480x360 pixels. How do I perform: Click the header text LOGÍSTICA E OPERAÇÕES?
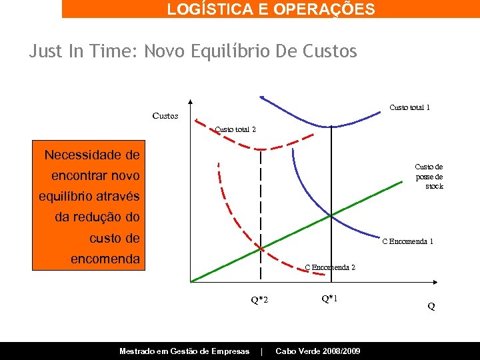271,9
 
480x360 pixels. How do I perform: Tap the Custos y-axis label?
165,116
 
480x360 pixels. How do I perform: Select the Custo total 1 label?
409,107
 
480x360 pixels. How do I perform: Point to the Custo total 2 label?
235,129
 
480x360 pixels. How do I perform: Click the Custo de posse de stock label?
429,176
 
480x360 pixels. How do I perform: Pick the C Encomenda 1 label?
407,241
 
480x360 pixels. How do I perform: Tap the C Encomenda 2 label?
330,267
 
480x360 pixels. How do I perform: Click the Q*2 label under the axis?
259,300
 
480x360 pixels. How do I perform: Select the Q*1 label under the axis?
329,299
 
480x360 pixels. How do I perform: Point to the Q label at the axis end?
431,307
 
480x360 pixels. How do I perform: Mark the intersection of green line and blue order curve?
331,215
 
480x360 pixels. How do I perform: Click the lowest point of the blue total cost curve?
331,125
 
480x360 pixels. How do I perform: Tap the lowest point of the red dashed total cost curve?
261,149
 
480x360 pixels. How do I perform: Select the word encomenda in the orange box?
105,259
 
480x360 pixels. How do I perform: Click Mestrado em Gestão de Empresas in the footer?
184,351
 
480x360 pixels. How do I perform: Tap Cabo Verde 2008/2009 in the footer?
318,351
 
